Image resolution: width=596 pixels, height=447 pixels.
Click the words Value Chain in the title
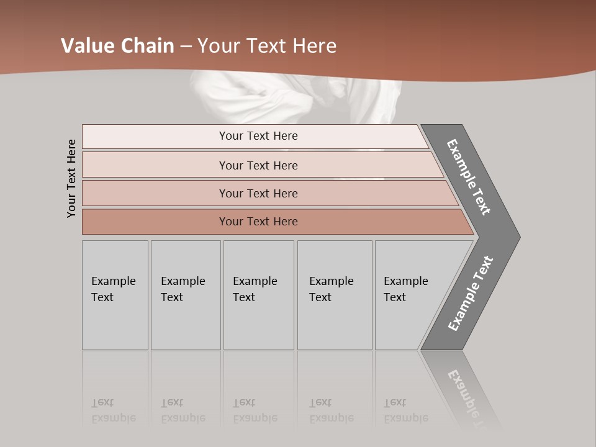117,46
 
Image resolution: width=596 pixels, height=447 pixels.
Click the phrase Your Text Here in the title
267,46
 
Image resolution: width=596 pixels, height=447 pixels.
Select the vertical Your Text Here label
71,178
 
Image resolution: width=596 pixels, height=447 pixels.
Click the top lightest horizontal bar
258,136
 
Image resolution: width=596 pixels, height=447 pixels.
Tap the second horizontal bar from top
258,165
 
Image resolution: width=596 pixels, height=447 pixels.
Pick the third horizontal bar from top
258,193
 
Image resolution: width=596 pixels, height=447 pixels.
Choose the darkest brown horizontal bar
258,222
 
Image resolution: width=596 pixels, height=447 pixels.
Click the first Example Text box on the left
115,295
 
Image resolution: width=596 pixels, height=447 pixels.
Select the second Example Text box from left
186,295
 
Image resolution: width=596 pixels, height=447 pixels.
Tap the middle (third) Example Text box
258,295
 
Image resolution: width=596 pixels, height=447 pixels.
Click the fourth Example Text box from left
335,295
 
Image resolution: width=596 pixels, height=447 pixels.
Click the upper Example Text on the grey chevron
469,177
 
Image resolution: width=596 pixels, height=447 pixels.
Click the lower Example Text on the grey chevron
471,294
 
